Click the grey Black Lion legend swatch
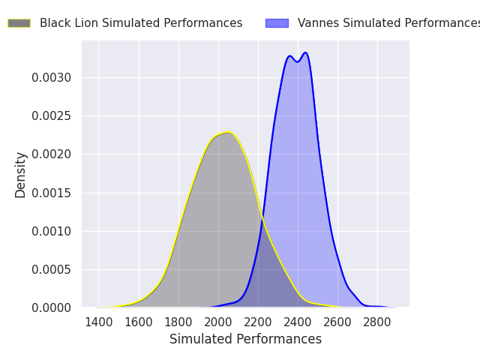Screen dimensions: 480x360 [x=19, y=23]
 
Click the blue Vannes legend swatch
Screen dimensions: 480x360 [x=277, y=23]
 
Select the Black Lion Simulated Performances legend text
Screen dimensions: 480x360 [x=141, y=23]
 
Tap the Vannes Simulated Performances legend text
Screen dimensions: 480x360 [x=388, y=23]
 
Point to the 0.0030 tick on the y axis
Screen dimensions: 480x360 [x=51, y=78]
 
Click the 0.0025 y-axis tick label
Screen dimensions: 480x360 [x=51, y=116]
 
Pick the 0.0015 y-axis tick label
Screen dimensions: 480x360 [x=51, y=193]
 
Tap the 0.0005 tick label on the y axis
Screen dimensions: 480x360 [x=51, y=270]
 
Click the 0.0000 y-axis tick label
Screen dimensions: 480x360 [x=51, y=307]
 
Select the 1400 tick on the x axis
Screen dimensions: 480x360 [x=98, y=322]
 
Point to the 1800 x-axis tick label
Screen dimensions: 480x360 [x=178, y=322]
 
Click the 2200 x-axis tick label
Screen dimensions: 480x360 [x=258, y=322]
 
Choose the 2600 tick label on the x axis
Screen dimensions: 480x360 [x=337, y=322]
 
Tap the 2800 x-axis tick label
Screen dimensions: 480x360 [x=377, y=322]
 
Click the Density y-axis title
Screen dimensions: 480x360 [x=20, y=175]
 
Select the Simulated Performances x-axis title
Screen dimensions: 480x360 [x=245, y=339]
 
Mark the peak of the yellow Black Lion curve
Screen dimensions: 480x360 [x=228, y=132]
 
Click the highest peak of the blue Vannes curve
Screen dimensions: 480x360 [x=305, y=52]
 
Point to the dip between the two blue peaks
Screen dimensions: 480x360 [x=297, y=62]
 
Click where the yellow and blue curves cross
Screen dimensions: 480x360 [x=262, y=218]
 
